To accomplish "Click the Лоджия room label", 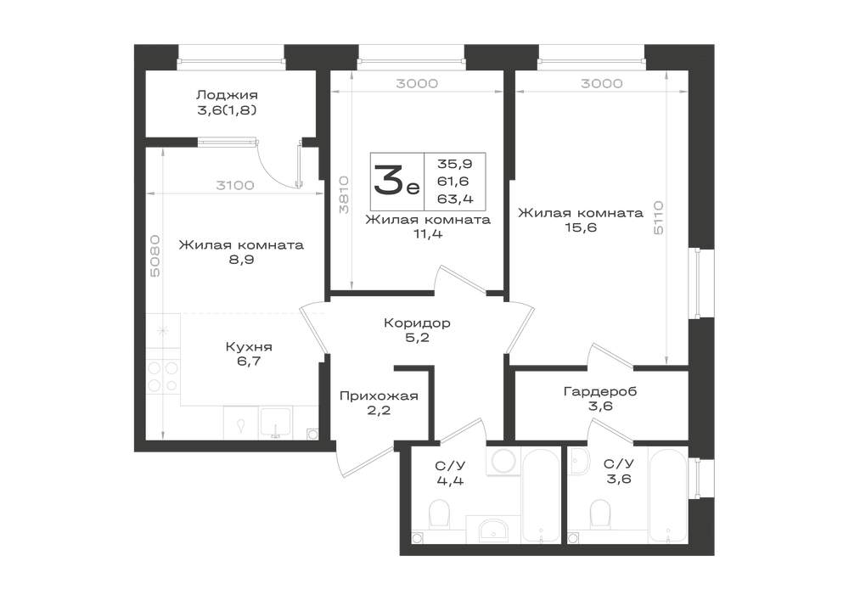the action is click(x=227, y=95).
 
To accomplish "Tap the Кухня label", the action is click(x=249, y=347).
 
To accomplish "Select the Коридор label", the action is click(x=417, y=323).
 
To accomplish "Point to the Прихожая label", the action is click(x=379, y=396).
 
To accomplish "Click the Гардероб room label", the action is click(x=600, y=391).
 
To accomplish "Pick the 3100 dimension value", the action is click(x=235, y=186).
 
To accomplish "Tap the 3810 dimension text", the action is click(x=343, y=194).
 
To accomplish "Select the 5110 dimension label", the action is click(x=659, y=217).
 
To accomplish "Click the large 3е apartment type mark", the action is click(x=396, y=182).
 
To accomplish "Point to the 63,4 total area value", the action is click(x=455, y=199).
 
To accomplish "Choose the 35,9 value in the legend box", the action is click(x=455, y=164).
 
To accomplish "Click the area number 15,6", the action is click(x=581, y=227).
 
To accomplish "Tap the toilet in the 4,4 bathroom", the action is click(x=439, y=513).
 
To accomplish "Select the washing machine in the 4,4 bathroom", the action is click(x=504, y=461).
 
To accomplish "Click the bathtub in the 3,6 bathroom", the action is click(x=668, y=495).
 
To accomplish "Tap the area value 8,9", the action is click(x=241, y=260).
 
